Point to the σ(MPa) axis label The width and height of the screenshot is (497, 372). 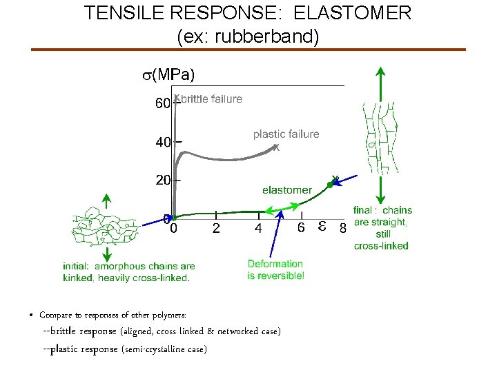168,74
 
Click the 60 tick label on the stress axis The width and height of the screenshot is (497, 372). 162,104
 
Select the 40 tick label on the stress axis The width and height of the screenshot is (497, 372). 163,143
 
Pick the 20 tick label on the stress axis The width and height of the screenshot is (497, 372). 163,180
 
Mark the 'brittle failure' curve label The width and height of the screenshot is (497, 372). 212,99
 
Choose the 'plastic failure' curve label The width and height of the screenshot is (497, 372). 286,134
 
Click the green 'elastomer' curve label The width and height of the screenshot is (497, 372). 286,189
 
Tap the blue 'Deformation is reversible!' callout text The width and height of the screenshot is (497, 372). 275,269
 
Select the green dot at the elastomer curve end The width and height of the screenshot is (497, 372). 330,184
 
